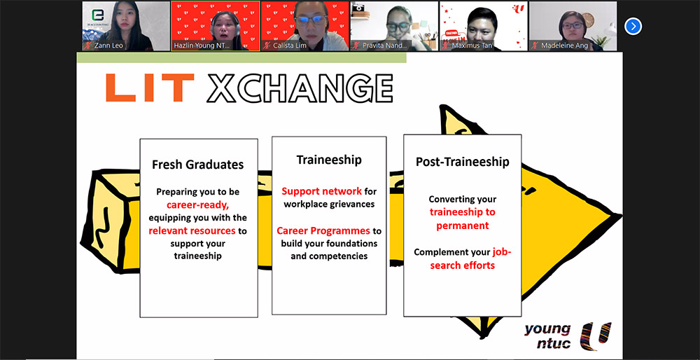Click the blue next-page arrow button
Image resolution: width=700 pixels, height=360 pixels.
click(633, 27)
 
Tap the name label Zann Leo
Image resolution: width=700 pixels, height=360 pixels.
click(108, 46)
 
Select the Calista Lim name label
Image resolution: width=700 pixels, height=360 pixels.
click(289, 46)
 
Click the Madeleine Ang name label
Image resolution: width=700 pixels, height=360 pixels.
click(564, 46)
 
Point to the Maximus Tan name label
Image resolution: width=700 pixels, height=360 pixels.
click(472, 46)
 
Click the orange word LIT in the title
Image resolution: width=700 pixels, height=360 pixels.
click(150, 88)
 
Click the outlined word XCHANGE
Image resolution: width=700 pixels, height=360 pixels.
click(300, 88)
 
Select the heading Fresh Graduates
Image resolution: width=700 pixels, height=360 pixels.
click(198, 165)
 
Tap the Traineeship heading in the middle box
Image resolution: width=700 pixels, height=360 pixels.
click(329, 160)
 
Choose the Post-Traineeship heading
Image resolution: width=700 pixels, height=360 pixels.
click(463, 162)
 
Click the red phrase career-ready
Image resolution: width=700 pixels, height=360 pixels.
click(198, 205)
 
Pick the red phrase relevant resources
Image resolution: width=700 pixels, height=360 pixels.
click(192, 230)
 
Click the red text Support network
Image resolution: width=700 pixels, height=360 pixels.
click(321, 191)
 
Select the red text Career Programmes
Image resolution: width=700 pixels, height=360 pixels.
click(323, 230)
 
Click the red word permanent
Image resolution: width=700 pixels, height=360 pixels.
click(463, 226)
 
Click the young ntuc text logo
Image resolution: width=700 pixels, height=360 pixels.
click(548, 336)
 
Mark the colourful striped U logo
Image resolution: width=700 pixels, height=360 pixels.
click(595, 336)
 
